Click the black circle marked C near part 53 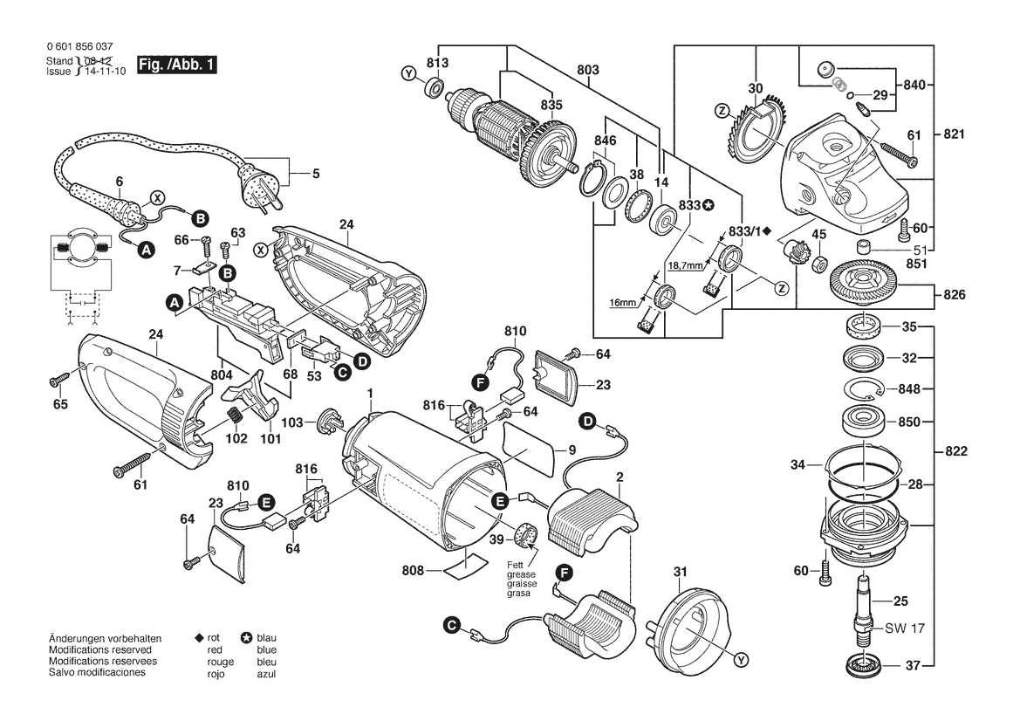(x=343, y=372)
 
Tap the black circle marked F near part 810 (x=479, y=381)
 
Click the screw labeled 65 (x=58, y=379)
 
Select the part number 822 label (x=957, y=451)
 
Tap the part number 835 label (x=551, y=105)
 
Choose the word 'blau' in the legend (x=267, y=639)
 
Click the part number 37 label (x=912, y=666)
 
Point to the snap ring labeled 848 (x=864, y=389)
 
